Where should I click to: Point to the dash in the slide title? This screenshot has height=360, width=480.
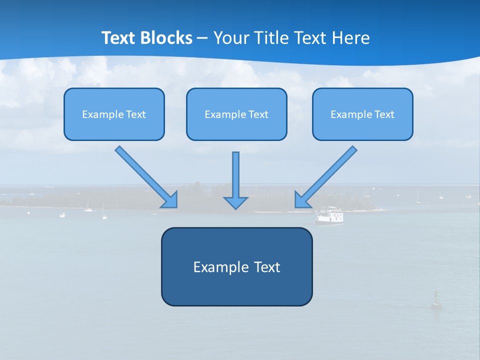pos(202,38)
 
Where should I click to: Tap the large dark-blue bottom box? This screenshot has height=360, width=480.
pos(236,287)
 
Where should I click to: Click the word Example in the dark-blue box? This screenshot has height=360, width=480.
pos(220,267)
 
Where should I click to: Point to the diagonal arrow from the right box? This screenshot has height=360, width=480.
pos(326,176)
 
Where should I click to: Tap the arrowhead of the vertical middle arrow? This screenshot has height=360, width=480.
pos(235,202)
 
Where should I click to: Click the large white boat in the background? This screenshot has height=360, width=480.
pos(329,215)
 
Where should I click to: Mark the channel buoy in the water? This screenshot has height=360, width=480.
pos(436,298)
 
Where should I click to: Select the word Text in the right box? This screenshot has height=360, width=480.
pos(384,114)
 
